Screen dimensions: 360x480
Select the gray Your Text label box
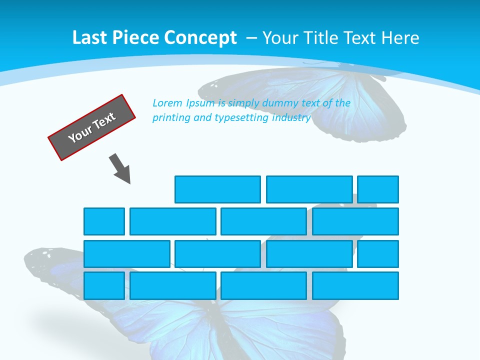[92, 127]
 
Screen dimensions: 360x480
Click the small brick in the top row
[378, 189]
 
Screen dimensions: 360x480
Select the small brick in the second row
[104, 221]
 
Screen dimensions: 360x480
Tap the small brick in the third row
[378, 254]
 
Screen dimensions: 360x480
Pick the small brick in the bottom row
[104, 286]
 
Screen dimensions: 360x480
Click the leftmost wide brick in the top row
[217, 189]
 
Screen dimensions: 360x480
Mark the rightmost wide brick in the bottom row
[355, 286]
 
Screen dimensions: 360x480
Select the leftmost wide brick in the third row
[127, 254]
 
